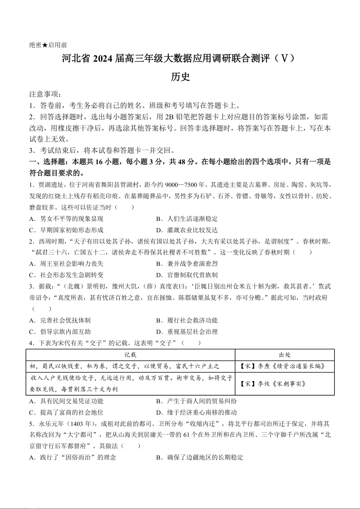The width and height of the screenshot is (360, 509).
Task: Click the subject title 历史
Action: (x=180, y=77)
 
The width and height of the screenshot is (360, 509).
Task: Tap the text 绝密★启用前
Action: (x=48, y=45)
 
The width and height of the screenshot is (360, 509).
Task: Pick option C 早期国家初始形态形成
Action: (x=66, y=230)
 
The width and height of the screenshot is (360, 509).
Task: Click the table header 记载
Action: (x=130, y=355)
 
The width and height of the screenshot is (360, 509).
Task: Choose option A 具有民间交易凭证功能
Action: (x=66, y=401)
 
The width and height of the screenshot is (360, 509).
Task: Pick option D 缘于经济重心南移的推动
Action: (x=196, y=412)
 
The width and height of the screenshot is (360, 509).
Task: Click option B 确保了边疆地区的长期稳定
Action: (x=199, y=457)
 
